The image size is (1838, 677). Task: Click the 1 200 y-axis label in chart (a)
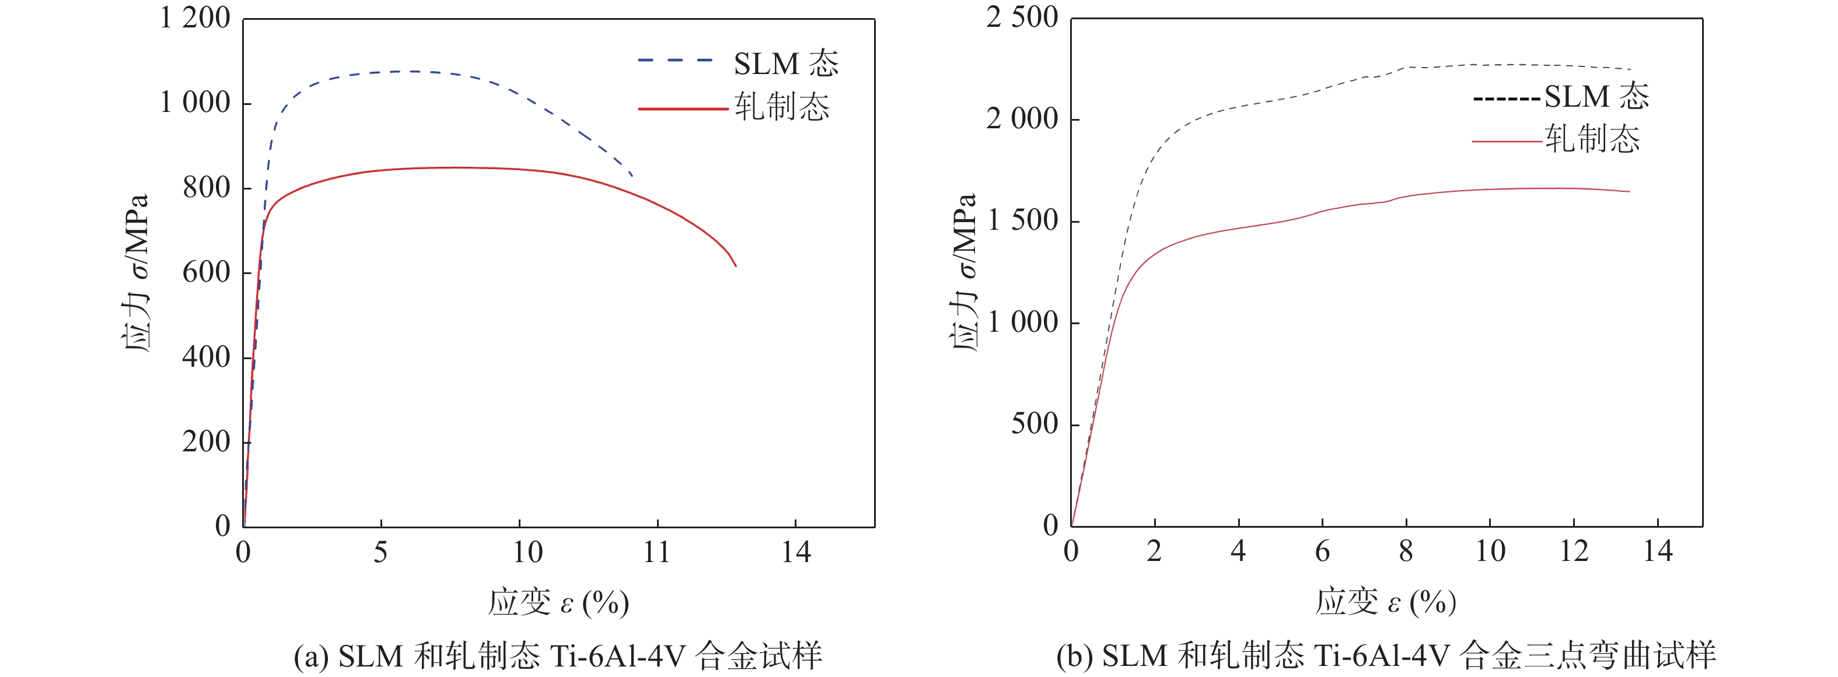click(x=195, y=18)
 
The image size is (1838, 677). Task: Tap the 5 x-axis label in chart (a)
click(x=381, y=552)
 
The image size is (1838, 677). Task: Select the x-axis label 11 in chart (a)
click(x=656, y=552)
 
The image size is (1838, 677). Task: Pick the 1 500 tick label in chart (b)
click(x=1022, y=220)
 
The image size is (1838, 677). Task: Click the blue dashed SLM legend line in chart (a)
click(x=675, y=61)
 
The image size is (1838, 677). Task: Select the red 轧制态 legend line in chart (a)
click(x=682, y=108)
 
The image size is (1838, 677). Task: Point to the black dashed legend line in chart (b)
click(x=1506, y=99)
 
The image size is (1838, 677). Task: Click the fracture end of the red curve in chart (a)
click(x=735, y=265)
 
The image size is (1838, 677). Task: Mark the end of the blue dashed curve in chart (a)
click(x=631, y=175)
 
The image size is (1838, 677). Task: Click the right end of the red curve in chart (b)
click(x=1629, y=191)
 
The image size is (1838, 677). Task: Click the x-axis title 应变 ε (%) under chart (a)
click(x=558, y=603)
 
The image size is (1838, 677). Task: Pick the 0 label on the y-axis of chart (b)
click(x=1050, y=526)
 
